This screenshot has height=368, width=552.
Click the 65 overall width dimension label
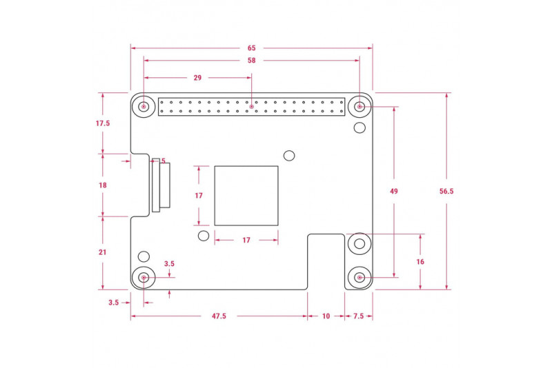(251, 48)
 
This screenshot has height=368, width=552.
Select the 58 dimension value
(251, 61)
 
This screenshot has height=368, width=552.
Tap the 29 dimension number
(197, 78)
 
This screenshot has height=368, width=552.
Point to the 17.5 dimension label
(103, 123)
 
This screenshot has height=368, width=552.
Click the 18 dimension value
(103, 185)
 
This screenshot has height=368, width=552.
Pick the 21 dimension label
(102, 252)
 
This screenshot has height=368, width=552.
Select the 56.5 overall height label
(446, 191)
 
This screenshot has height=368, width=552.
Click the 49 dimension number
(394, 191)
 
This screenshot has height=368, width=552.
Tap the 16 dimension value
(420, 261)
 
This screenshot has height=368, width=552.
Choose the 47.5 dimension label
(219, 316)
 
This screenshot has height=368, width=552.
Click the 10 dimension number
(326, 316)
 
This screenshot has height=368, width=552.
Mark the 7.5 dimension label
(358, 316)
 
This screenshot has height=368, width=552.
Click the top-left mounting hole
(144, 106)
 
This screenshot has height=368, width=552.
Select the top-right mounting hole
(359, 106)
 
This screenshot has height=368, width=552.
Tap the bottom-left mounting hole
(144, 278)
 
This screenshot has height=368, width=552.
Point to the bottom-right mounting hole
(359, 278)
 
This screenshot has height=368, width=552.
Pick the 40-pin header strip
(251, 107)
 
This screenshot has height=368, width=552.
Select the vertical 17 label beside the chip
(199, 196)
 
